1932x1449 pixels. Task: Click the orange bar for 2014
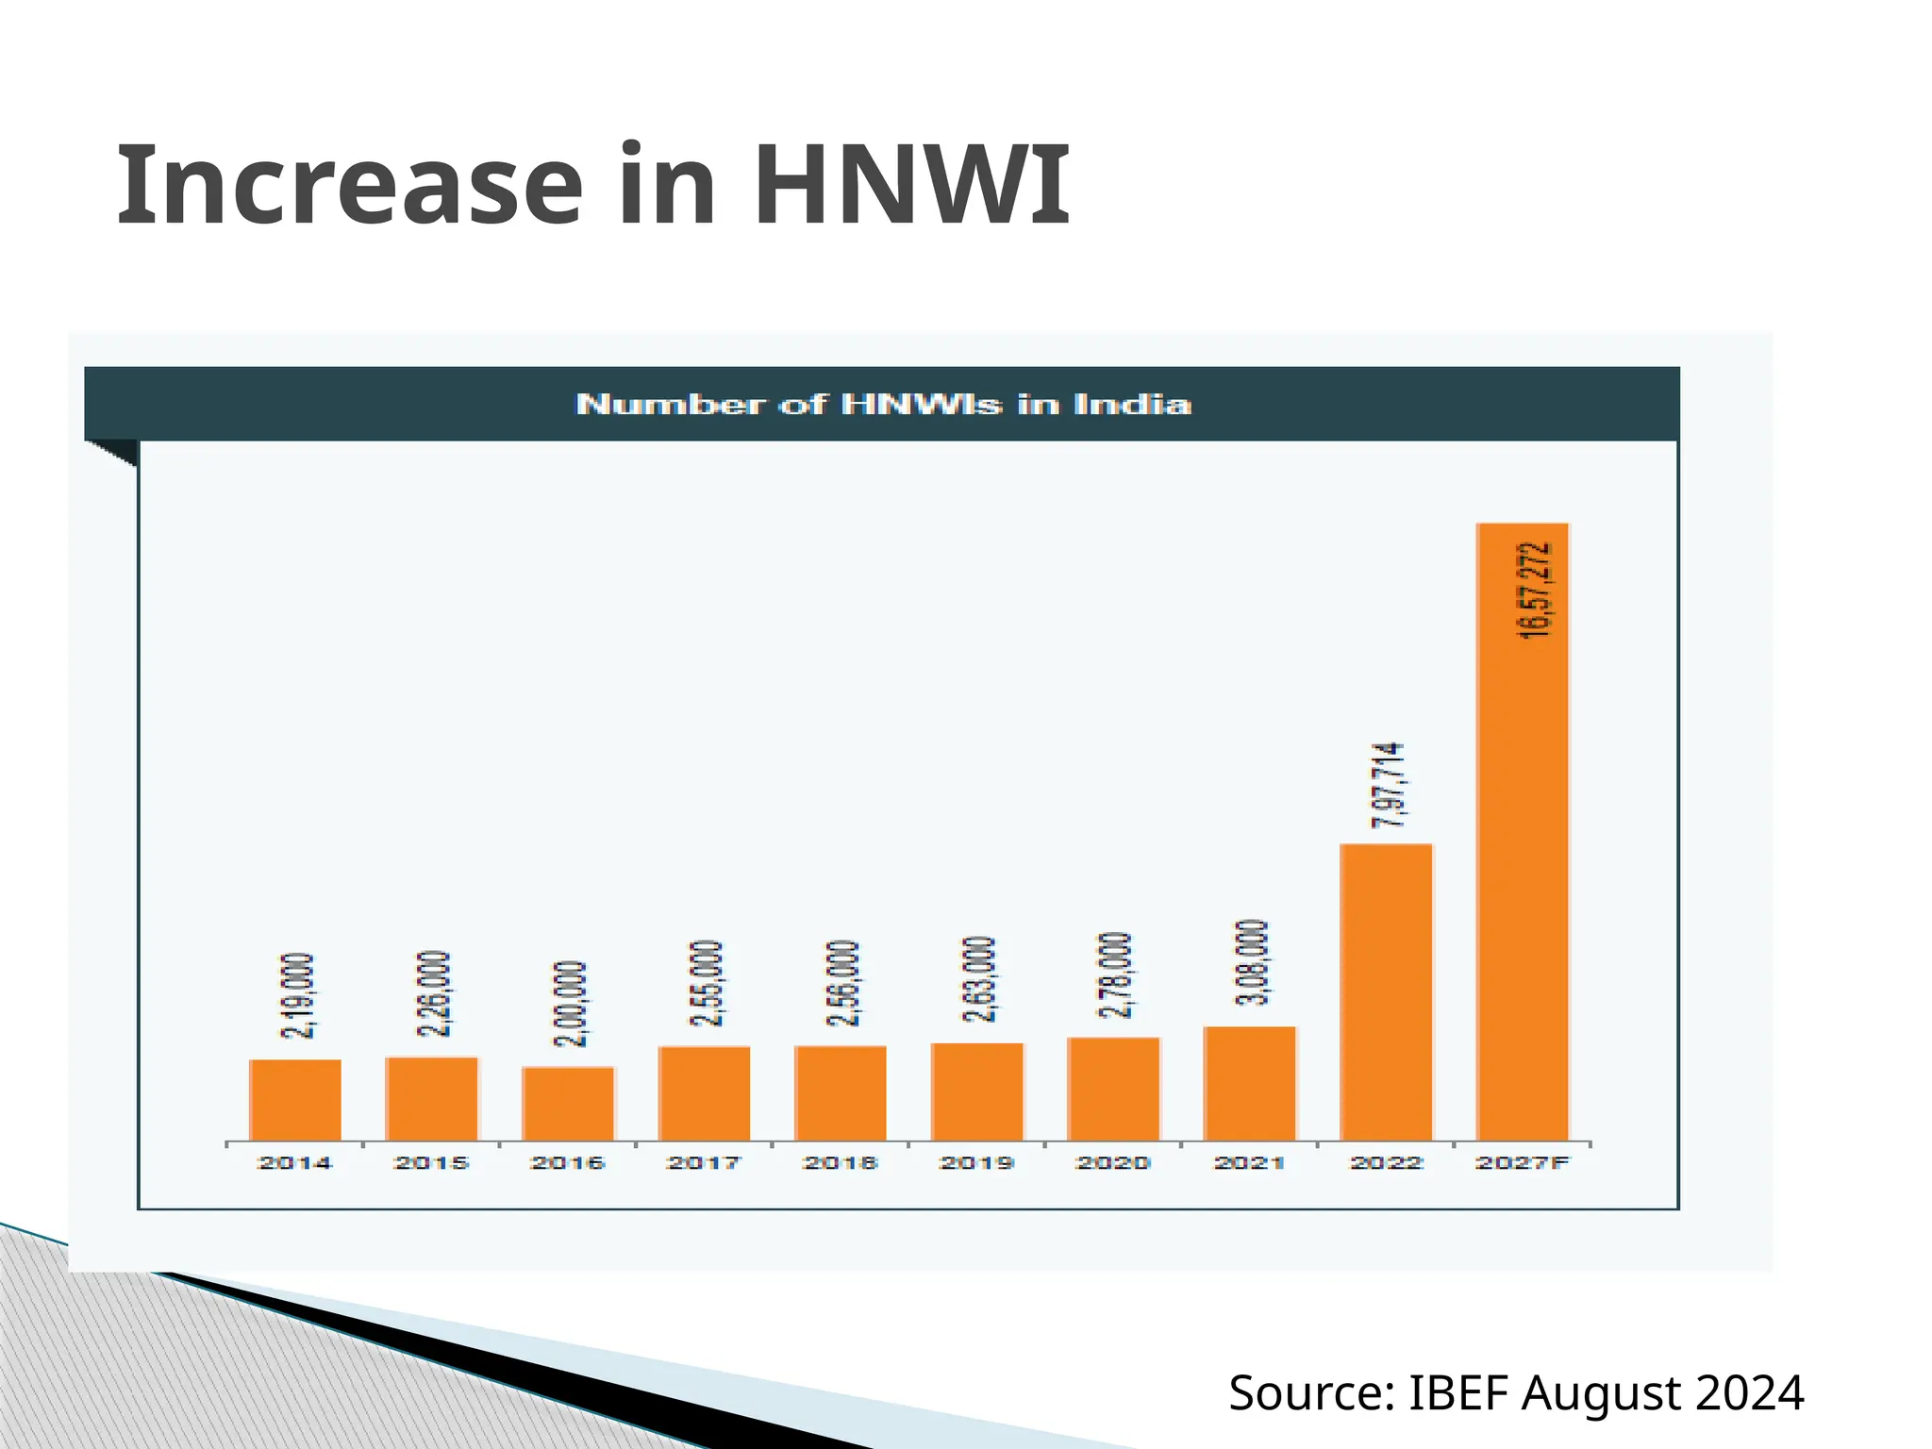pos(295,1100)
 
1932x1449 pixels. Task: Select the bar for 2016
pos(568,1104)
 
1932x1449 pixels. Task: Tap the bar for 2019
pos(977,1091)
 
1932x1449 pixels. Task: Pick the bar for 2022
pos(1386,992)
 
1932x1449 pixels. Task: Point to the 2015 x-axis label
pos(431,1163)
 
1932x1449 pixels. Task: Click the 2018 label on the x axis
pos(840,1163)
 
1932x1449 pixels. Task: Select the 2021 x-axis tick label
pos(1249,1163)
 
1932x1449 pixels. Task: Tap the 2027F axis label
pos(1523,1163)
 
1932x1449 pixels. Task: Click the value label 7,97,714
pos(1388,787)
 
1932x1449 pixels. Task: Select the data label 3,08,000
pos(1252,962)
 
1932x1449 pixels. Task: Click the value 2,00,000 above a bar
pos(570,1004)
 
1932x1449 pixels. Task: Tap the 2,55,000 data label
pos(706,984)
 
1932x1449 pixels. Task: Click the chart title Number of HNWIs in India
pos(883,405)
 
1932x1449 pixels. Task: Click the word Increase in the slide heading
pos(350,186)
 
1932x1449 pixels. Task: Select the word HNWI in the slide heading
pos(911,186)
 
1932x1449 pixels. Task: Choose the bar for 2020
pos(1113,1089)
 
